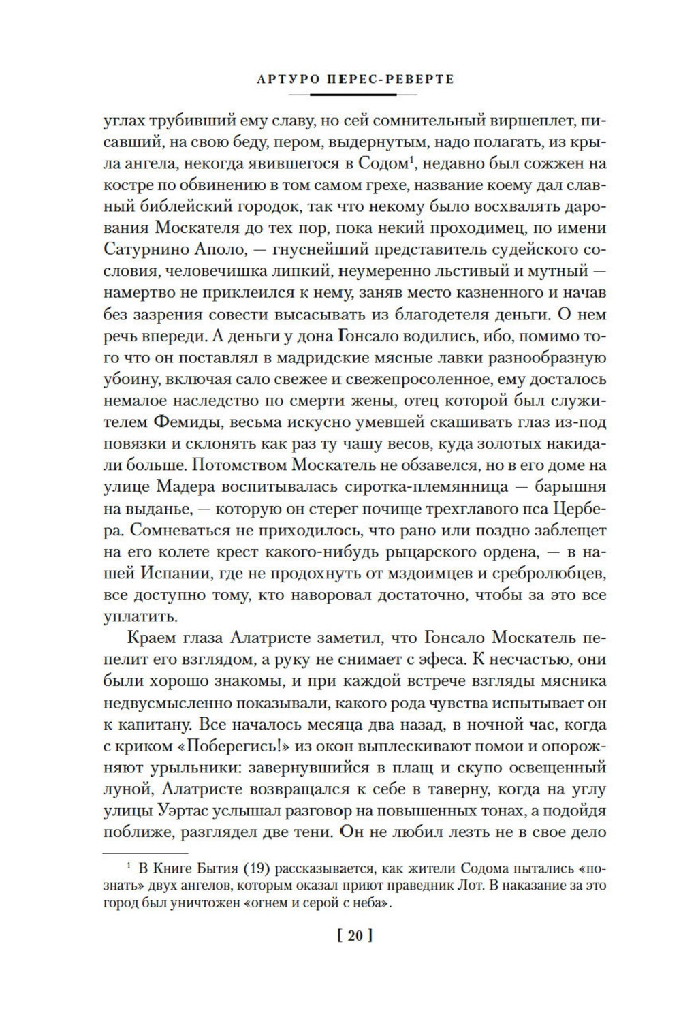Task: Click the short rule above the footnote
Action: coord(144,851)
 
